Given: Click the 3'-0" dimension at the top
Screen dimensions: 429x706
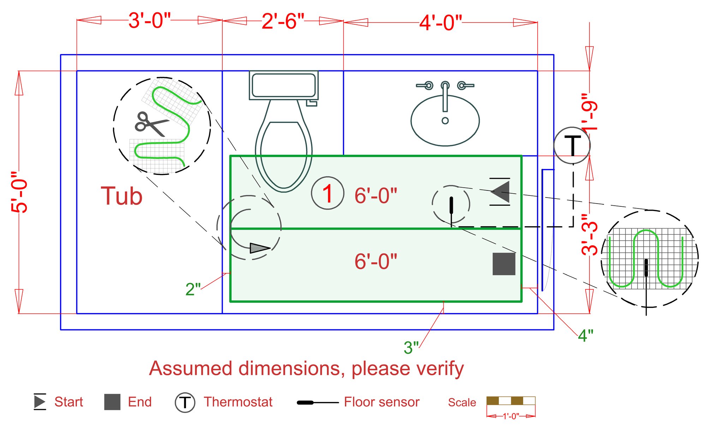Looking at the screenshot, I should [x=149, y=20].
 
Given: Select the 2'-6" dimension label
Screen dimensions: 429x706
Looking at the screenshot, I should [x=283, y=21].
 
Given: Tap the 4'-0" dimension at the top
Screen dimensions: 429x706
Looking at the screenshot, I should [x=441, y=23].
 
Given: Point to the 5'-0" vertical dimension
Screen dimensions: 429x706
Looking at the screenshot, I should [x=19, y=192].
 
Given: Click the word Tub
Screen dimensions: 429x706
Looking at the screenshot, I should [x=121, y=196].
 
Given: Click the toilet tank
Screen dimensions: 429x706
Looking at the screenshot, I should [x=284, y=85].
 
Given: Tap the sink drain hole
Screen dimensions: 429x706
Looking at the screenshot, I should [x=445, y=121].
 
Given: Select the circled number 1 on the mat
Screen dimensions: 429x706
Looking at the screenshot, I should [x=328, y=193].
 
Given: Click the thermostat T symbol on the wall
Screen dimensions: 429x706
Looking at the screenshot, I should [x=572, y=145].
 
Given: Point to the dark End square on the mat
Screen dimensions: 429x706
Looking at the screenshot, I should [x=504, y=264].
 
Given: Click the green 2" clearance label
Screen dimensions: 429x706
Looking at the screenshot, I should [x=193, y=289].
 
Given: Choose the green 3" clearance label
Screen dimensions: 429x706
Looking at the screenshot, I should [x=411, y=348].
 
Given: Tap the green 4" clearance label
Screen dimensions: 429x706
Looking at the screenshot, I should [x=585, y=335].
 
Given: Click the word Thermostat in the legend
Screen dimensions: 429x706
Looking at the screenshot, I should [x=238, y=402].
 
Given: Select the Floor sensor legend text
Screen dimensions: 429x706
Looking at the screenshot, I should [x=382, y=402].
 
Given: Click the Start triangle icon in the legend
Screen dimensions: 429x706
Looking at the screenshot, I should [x=40, y=402].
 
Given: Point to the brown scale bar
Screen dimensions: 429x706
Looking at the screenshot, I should [x=511, y=401].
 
